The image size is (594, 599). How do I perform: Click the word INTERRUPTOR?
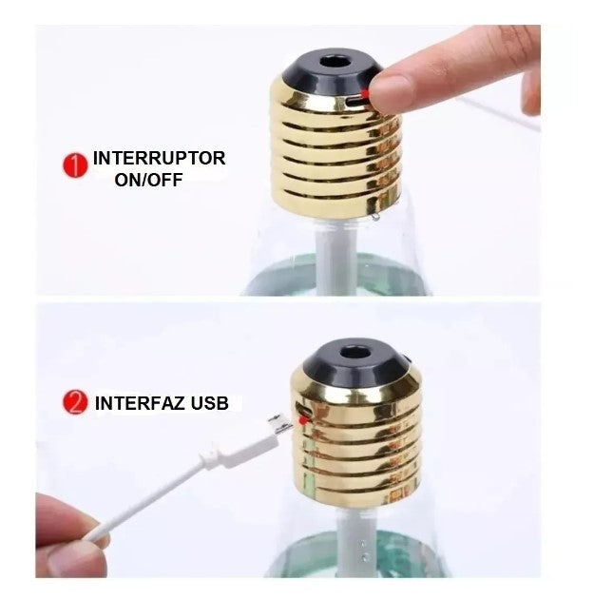(159, 159)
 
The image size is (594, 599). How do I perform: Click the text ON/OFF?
(148, 180)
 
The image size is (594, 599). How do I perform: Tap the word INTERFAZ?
(141, 403)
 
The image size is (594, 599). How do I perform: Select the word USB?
(210, 403)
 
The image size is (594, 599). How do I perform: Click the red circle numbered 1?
(75, 165)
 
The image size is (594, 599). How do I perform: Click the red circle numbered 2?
(75, 402)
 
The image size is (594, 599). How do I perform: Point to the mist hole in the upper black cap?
(330, 62)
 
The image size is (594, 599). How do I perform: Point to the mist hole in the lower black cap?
(353, 352)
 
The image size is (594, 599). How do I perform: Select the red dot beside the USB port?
(303, 421)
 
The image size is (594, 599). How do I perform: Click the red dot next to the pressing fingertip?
(366, 93)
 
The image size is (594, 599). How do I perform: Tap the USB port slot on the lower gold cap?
(305, 411)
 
